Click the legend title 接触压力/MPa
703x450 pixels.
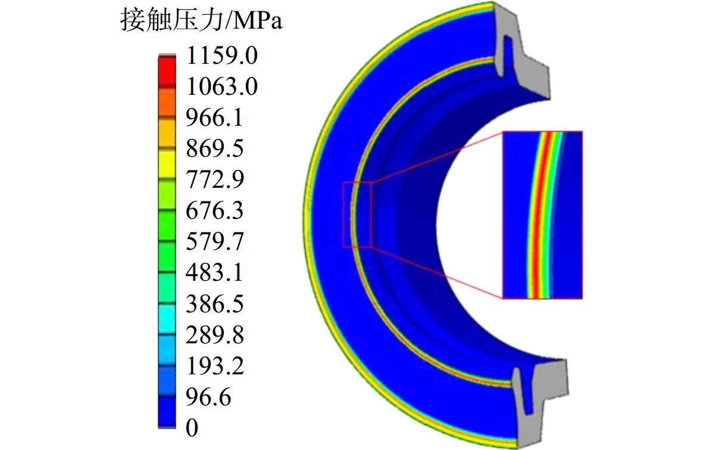[201, 20]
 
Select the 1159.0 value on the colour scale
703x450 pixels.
[222, 55]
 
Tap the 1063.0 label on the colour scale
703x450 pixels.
[222, 86]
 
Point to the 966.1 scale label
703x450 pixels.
[215, 117]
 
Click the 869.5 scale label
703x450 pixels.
[215, 148]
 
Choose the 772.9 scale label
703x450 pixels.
[215, 179]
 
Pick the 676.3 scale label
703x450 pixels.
[215, 210]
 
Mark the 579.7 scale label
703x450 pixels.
[215, 241]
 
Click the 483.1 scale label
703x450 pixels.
[215, 272]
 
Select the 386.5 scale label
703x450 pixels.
[215, 304]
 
